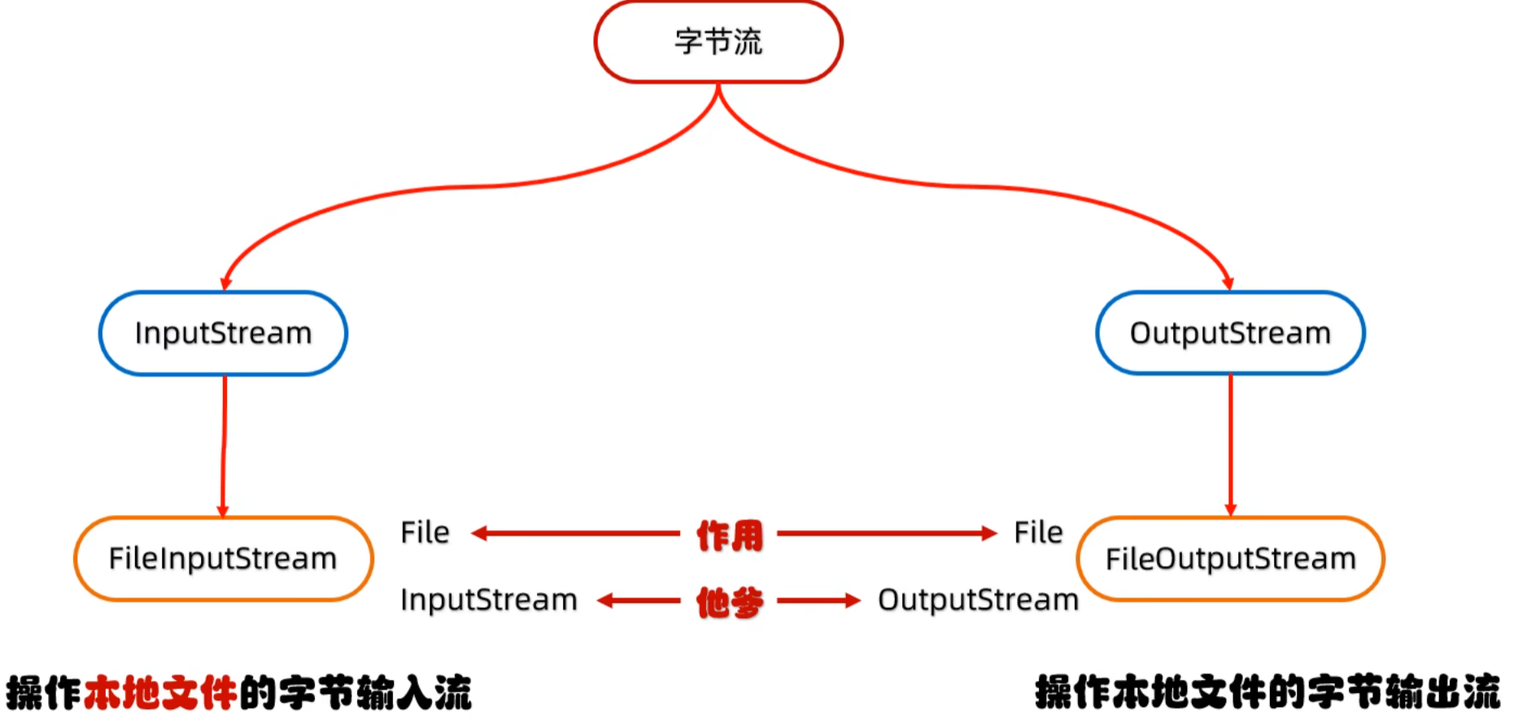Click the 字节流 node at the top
pos(718,42)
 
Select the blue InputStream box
pos(223,334)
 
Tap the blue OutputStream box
pos(1229,334)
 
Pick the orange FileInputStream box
pos(223,559)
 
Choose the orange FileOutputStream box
pos(1230,559)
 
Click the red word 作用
pos(730,535)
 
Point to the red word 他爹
pos(730,602)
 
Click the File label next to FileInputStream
pos(425,533)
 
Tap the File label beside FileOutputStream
pos(1038,533)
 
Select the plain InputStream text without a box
pos(488,600)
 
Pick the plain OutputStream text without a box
pos(978,600)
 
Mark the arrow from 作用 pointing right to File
pos(887,534)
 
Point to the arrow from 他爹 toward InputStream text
pos(639,601)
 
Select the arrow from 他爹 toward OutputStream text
pos(818,601)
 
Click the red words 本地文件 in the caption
pos(160,693)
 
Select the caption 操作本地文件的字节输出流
pos(1267,693)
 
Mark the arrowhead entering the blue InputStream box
pos(226,283)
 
